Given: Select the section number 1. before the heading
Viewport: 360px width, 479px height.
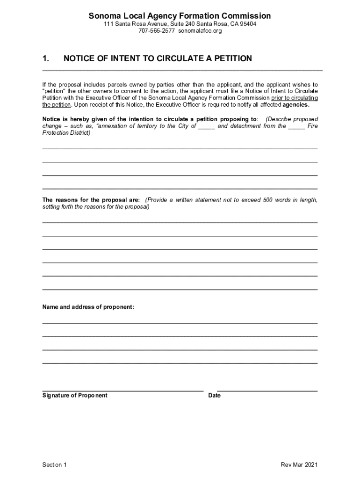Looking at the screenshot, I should point(46,58).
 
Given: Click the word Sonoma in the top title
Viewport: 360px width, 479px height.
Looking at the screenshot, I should point(105,16).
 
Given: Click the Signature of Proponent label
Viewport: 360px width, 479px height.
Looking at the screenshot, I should point(75,395).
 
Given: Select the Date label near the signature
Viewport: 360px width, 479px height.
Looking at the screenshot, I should point(215,395).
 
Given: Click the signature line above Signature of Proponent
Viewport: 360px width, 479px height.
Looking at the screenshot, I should point(122,391).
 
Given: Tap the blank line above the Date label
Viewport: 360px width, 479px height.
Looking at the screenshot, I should point(267,391).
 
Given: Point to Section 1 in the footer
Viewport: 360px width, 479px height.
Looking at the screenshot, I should point(55,464).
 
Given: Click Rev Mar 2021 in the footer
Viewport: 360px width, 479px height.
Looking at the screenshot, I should point(299,464).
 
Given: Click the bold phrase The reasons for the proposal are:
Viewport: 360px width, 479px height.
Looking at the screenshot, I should point(91,200).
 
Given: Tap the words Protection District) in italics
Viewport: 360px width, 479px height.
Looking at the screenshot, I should point(66,133).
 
